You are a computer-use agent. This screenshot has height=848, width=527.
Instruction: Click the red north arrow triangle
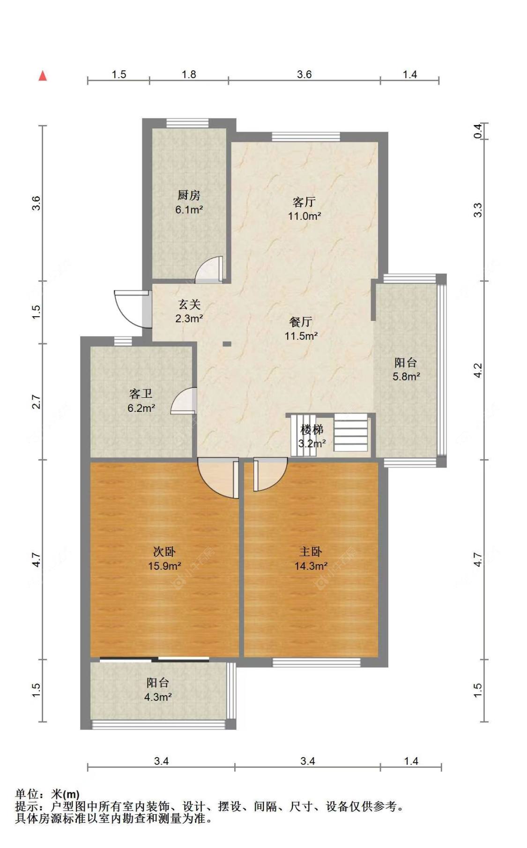[43, 75]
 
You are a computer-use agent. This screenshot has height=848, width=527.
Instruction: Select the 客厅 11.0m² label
[304, 209]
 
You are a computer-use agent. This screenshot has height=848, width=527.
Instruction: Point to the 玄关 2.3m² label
[189, 312]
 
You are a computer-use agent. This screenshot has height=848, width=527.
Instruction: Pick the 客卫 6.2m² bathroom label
[141, 401]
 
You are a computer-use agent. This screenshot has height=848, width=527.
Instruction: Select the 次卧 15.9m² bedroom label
[164, 559]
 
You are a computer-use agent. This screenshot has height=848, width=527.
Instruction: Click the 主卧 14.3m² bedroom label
[311, 559]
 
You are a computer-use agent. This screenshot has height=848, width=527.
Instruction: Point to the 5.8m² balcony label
[406, 369]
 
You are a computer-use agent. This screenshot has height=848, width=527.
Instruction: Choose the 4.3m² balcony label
[157, 690]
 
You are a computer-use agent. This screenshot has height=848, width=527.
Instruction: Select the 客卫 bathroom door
[184, 401]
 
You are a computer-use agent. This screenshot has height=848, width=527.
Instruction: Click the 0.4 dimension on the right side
[477, 131]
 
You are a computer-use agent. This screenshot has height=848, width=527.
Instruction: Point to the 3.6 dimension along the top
[304, 74]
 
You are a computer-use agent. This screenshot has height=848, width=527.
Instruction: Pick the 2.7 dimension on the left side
[37, 402]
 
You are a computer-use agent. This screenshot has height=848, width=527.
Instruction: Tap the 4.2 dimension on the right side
[477, 371]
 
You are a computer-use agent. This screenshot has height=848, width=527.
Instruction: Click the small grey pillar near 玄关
[227, 344]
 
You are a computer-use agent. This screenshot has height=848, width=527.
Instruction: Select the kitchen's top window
[187, 123]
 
